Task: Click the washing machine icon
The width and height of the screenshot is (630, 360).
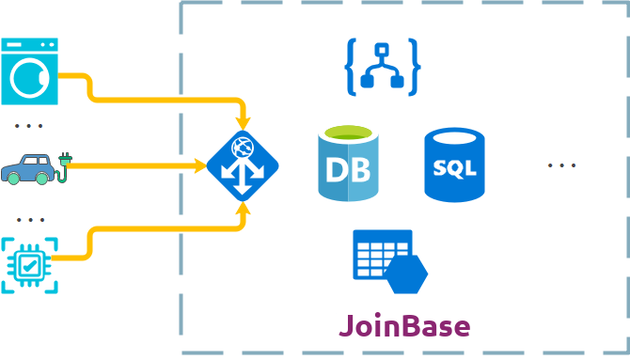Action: pos(32,70)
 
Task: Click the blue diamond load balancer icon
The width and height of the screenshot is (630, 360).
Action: pos(242,165)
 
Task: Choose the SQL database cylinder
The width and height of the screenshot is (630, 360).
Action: pos(455,166)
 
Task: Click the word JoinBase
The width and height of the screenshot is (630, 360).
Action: pos(404,325)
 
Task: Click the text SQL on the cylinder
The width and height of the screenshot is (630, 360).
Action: pos(455,170)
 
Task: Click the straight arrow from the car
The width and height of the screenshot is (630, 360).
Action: pos(141,165)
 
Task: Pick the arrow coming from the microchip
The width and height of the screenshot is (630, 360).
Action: pos(160,228)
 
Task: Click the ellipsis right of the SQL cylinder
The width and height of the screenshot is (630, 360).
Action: pos(561,165)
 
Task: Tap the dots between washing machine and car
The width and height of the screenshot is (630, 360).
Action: pos(30,125)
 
